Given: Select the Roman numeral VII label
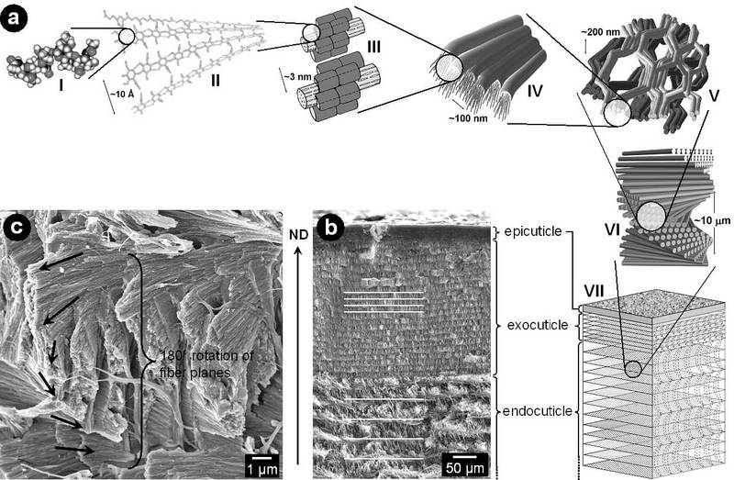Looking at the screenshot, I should (594, 290).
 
